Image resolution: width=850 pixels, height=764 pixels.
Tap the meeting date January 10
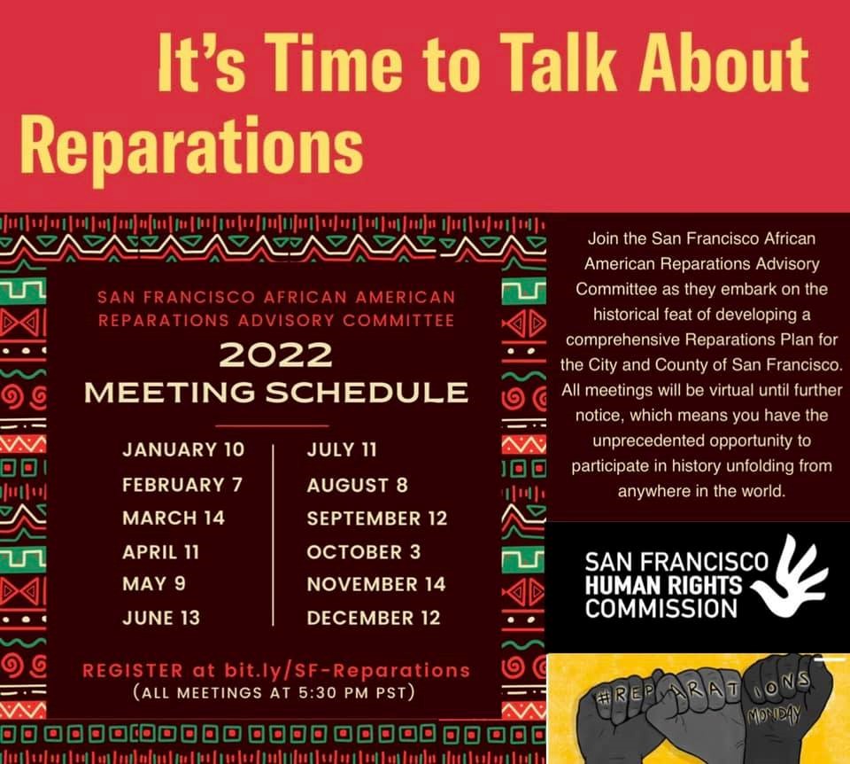point(183,450)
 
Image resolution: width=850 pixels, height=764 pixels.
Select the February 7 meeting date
point(182,485)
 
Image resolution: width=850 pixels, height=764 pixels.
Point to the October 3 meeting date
point(363,552)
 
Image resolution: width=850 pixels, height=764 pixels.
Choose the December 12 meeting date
point(374,618)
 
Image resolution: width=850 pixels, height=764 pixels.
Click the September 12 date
point(377,518)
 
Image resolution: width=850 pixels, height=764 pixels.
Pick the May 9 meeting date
point(154,584)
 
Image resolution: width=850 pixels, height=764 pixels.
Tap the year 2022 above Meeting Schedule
point(275,356)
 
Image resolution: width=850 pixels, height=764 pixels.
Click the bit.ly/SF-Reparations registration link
point(347,671)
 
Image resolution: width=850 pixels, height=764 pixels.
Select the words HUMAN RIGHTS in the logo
point(663,586)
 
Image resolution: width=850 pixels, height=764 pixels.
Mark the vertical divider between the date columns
point(274,535)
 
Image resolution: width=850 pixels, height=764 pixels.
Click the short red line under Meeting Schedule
point(272,426)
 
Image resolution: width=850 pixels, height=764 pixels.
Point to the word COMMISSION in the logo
point(661,608)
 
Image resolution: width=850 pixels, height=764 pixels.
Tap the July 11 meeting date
point(342,450)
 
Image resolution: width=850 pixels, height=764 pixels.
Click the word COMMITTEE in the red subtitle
point(398,320)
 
